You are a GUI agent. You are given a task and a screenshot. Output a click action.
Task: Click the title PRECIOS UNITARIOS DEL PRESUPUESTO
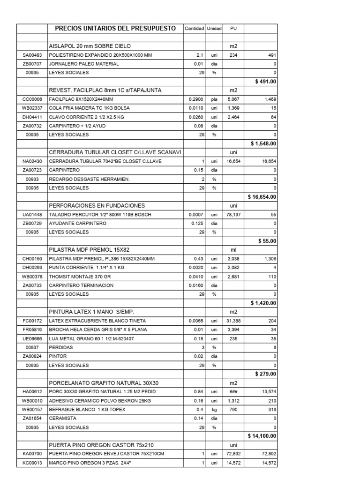click(x=115, y=29)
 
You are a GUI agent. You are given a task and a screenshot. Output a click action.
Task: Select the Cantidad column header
click(x=194, y=29)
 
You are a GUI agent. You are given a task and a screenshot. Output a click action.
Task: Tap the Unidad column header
click(x=214, y=29)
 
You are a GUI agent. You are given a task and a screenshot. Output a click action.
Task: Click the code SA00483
click(x=32, y=55)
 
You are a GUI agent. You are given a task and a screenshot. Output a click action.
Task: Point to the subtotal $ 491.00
click(x=266, y=82)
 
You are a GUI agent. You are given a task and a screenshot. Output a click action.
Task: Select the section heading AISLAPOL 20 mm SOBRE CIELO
click(x=90, y=46)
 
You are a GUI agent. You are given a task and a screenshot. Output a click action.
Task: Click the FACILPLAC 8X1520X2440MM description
click(x=81, y=99)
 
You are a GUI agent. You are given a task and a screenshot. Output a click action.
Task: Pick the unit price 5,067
click(x=233, y=99)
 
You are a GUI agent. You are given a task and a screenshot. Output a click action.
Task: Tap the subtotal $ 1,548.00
click(x=263, y=143)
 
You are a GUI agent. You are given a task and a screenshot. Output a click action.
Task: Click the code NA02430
click(x=32, y=161)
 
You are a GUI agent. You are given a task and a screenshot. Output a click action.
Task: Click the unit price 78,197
click(x=233, y=214)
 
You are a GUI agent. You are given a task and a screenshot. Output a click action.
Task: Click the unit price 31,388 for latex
click(x=233, y=321)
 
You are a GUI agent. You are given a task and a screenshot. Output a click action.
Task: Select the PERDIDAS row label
click(x=60, y=347)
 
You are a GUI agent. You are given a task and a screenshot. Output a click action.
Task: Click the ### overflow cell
click(x=233, y=391)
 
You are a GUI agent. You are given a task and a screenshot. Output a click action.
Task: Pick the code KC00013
click(x=32, y=462)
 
